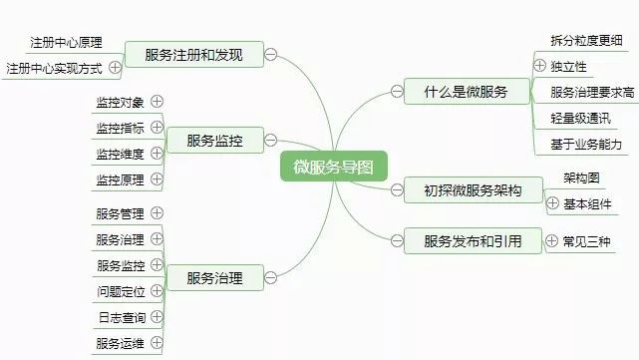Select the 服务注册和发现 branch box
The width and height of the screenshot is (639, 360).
(x=192, y=54)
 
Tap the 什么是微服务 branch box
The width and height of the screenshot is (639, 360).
(x=465, y=92)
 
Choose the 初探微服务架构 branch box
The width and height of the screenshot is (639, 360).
(x=473, y=190)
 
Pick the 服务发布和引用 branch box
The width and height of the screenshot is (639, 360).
(x=473, y=240)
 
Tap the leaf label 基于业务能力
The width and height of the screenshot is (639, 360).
(x=586, y=145)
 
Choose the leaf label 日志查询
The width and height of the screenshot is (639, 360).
(x=121, y=318)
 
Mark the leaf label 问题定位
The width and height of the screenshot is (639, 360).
(x=121, y=291)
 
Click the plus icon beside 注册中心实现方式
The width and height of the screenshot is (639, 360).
(x=116, y=68)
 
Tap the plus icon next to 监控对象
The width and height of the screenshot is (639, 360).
(x=157, y=102)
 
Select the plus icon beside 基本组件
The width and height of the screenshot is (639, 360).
(x=552, y=203)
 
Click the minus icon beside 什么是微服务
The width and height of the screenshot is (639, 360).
(x=397, y=92)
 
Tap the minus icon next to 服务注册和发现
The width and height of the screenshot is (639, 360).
(x=272, y=55)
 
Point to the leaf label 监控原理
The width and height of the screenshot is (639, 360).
(x=121, y=180)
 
